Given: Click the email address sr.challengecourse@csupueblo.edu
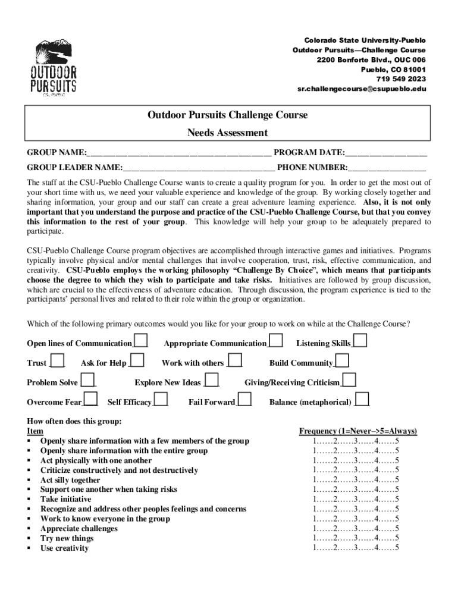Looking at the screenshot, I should click(x=362, y=89).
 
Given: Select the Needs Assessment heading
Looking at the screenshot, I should click(x=228, y=133).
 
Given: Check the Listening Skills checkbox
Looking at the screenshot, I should click(x=360, y=341).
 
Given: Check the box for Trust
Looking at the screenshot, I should click(x=58, y=361).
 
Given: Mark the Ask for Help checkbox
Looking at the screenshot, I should click(x=137, y=361).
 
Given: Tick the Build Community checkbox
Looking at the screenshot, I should click(x=342, y=361).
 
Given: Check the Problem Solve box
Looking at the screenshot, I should click(x=87, y=381).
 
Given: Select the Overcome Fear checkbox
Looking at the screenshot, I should click(x=90, y=400).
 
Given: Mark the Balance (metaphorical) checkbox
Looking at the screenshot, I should click(x=362, y=400).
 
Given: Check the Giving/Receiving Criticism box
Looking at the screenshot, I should click(x=349, y=381).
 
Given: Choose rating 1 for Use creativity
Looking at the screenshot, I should click(x=315, y=548).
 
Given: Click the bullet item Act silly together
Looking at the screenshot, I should click(x=70, y=480).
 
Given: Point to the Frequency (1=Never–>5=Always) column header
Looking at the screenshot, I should click(x=357, y=431).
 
